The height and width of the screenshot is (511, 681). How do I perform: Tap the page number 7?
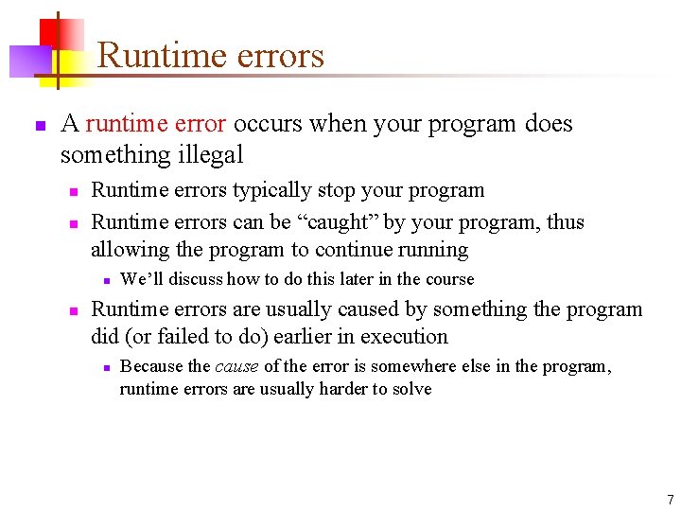[670, 499]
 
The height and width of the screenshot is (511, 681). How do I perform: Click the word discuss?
[195, 279]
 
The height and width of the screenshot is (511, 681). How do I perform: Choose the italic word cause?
[236, 366]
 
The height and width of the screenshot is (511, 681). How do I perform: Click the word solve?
[412, 389]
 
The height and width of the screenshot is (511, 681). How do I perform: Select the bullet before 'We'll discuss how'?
[108, 280]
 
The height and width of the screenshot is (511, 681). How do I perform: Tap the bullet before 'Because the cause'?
[108, 367]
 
